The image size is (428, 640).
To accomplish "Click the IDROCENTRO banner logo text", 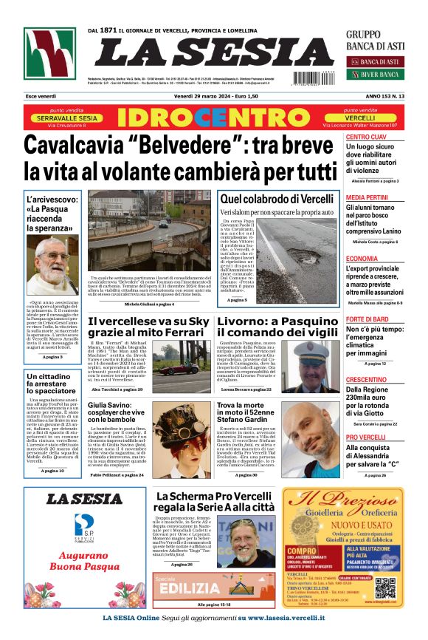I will [x=214, y=118].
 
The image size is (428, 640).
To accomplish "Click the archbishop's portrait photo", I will [x=52, y=265].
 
